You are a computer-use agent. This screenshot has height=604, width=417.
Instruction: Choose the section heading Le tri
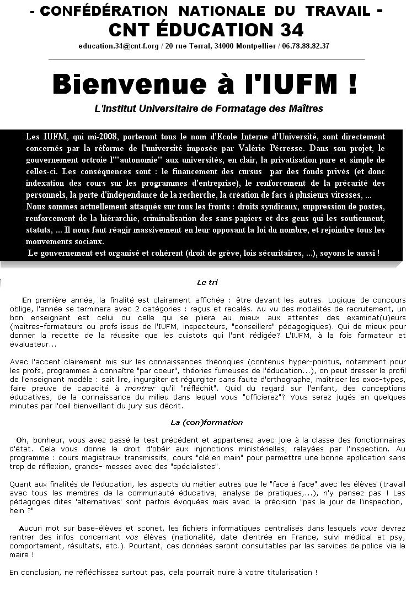coord(207,282)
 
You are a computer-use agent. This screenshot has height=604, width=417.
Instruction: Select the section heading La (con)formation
coord(207,423)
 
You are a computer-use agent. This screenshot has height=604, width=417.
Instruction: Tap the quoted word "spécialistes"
coord(195,467)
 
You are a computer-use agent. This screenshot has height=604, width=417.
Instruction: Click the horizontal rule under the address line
coord(207,59)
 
